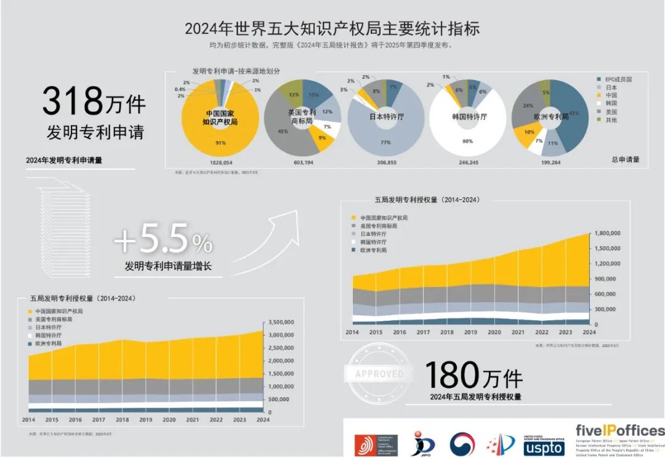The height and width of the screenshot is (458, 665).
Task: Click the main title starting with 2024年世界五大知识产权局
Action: tap(332, 29)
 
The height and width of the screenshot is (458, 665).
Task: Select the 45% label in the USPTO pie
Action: tap(283, 131)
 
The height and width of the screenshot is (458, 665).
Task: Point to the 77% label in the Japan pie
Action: tap(386, 142)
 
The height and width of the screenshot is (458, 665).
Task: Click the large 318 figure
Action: tap(73, 102)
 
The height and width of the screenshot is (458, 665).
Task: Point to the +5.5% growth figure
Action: tap(164, 241)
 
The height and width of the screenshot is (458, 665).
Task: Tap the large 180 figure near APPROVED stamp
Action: tap(453, 374)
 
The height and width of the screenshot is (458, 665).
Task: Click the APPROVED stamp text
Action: tap(379, 374)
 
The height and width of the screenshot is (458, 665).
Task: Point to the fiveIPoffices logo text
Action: tap(619, 430)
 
